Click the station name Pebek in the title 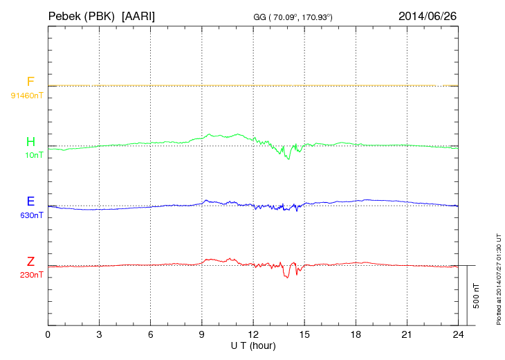tap(64, 15)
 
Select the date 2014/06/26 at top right tap(428, 15)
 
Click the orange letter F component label tap(30, 82)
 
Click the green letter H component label tap(30, 142)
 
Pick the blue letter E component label tap(30, 201)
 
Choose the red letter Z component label tap(30, 261)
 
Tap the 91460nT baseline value tap(26, 95)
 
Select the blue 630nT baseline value tap(32, 215)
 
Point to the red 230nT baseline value tap(32, 275)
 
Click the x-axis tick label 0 tap(48, 334)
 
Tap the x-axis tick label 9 tap(202, 334)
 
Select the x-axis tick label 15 tap(304, 334)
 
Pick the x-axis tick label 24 tap(458, 334)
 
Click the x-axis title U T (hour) tap(253, 345)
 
